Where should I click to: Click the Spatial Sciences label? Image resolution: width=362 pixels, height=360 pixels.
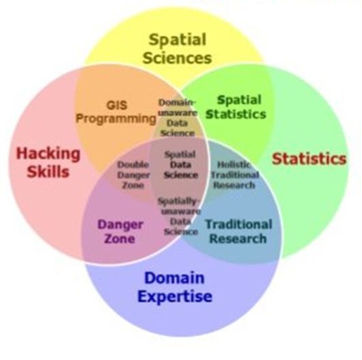(178, 49)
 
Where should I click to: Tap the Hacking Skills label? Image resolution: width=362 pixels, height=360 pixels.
(48, 163)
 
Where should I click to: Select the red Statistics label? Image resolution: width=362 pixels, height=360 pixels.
(309, 159)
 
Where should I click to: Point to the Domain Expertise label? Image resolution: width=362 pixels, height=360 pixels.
(175, 287)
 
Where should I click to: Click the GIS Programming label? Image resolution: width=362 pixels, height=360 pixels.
(116, 112)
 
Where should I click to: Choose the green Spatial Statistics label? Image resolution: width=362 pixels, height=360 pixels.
(236, 107)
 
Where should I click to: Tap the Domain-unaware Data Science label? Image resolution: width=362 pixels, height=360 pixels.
(178, 118)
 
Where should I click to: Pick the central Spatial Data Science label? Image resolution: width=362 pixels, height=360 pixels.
(181, 165)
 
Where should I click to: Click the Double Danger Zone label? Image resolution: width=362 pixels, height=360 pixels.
(133, 175)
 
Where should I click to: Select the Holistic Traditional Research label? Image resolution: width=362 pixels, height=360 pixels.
(235, 175)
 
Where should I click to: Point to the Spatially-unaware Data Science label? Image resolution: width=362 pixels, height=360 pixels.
(179, 216)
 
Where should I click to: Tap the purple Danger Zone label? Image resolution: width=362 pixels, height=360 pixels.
(120, 231)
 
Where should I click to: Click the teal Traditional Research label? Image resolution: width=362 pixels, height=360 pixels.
(239, 231)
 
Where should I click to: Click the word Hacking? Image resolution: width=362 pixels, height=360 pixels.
(48, 154)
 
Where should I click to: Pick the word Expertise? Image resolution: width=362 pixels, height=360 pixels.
(175, 297)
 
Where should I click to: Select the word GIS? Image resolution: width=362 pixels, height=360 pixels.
(117, 105)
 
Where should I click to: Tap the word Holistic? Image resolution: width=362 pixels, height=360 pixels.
(234, 165)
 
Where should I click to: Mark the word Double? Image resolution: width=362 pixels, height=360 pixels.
(133, 165)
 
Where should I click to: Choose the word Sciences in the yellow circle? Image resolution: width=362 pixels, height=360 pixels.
(178, 58)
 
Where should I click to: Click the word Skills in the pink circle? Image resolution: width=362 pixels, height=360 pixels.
(48, 171)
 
